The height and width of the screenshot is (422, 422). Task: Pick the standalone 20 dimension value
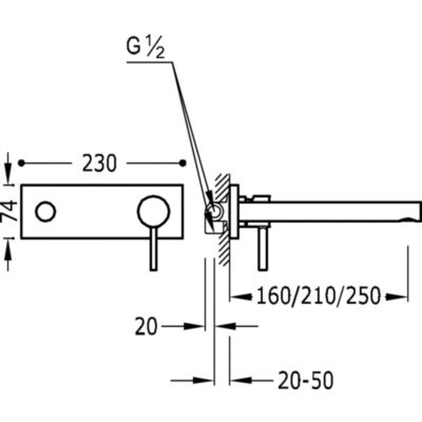[146, 326]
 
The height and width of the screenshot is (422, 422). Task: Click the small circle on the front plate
[46, 212]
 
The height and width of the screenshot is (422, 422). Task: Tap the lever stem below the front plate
[153, 253]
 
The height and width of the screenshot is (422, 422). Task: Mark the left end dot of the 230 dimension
[21, 163]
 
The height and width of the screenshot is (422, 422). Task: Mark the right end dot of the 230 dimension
[183, 163]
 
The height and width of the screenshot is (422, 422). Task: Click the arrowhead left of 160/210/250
[239, 296]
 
